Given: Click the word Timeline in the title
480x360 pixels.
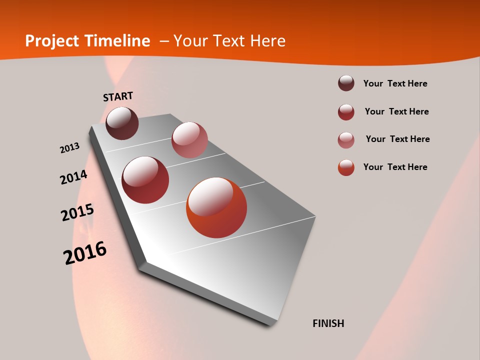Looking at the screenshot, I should point(117,41).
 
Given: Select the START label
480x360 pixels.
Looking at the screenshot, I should point(118,96).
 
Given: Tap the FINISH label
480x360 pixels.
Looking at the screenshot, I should point(328,323).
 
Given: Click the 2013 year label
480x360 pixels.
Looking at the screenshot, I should point(69,148).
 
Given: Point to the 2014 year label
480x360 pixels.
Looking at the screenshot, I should point(73,177).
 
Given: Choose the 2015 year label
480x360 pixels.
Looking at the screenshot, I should point(77,212).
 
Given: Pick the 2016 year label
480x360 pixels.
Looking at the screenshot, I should point(85,252).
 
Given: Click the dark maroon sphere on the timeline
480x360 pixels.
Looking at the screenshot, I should point(122,123).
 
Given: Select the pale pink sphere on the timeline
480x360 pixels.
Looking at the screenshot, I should point(189,140).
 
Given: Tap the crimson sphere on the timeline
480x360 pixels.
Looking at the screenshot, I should point(145,180).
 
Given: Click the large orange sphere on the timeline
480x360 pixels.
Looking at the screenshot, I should point(216,207).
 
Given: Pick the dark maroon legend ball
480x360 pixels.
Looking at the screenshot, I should point(346,83).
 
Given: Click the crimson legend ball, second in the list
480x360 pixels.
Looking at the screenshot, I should point(346,112).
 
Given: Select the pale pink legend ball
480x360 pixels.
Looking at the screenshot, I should point(346,140).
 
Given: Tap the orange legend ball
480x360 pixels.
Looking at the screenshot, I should point(346,167).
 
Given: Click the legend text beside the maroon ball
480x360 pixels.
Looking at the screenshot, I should point(395,83).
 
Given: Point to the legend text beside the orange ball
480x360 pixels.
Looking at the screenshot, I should point(395,167).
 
